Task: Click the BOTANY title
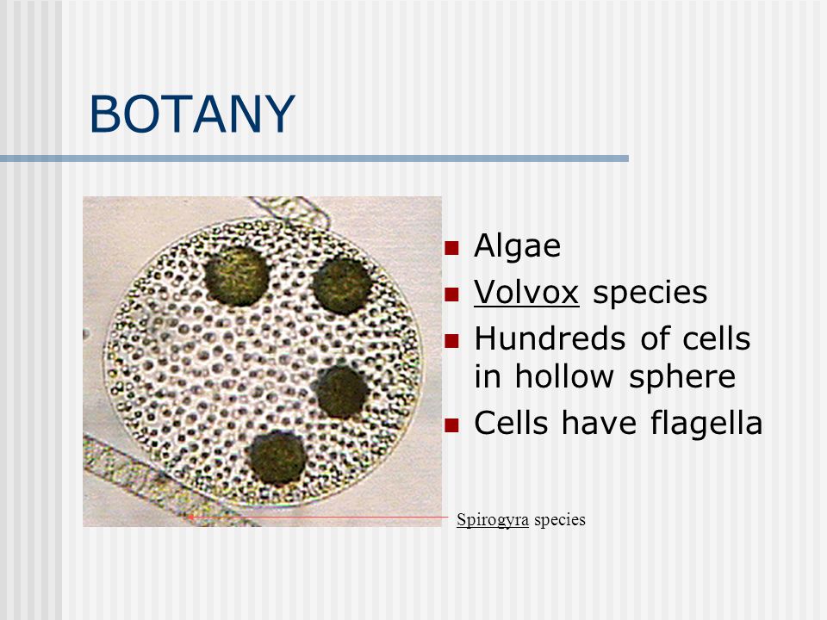coord(192,114)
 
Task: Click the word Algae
coord(518,245)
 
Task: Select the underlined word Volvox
coord(526,292)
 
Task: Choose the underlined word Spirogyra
coord(493,520)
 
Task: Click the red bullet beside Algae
coord(451,248)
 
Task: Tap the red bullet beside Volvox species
coord(451,294)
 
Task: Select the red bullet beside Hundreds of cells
coord(451,341)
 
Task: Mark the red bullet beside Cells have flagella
coord(451,425)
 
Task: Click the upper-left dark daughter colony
coord(236,276)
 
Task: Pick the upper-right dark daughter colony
coord(342,286)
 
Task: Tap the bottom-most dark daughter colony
coord(277,457)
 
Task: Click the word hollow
coord(564,376)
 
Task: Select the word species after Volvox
coord(650,293)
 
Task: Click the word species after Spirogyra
coord(560,520)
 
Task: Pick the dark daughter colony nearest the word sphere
coord(342,393)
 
